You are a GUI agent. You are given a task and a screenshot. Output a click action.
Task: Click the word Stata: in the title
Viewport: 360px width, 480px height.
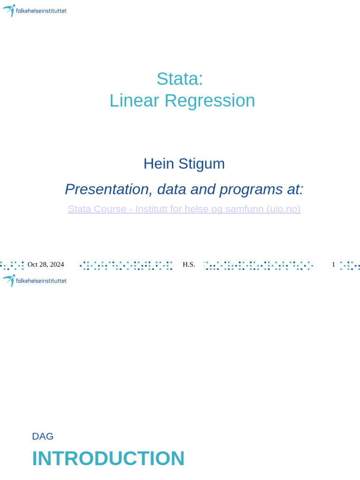[180, 79]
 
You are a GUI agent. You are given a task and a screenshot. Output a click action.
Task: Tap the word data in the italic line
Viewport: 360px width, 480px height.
[172, 189]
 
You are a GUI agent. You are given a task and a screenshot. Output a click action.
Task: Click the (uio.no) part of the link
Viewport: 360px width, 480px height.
[283, 209]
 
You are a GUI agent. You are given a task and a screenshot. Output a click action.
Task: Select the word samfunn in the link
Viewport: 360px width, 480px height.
[244, 209]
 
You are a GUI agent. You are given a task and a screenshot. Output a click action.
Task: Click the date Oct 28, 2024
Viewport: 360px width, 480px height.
[45, 264]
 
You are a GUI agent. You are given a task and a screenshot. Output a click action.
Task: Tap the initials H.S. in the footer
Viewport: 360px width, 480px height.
[188, 264]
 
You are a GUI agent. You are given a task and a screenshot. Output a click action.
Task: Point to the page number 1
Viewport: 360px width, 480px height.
[333, 264]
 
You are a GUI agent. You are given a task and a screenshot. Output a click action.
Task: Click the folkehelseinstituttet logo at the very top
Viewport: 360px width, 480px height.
[35, 10]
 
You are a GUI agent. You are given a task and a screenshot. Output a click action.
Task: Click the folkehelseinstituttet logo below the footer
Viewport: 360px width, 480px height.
[35, 280]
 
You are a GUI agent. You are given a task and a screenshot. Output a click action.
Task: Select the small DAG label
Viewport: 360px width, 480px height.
[43, 436]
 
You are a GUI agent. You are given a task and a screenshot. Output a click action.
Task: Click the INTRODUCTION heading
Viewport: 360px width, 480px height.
[108, 458]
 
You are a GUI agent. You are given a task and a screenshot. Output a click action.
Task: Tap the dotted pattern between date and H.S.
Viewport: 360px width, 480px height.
[126, 265]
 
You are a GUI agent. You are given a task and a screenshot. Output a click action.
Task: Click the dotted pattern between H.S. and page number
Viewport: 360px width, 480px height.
[258, 265]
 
